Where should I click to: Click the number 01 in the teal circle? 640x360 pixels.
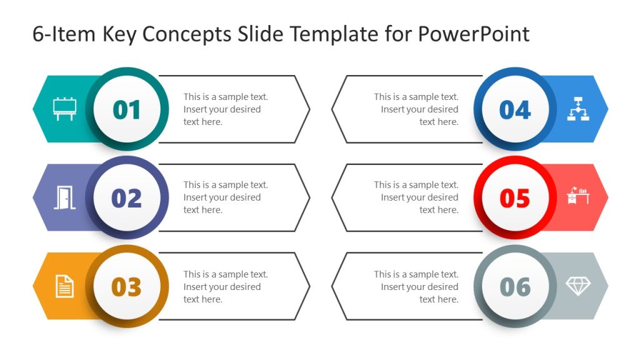coord(127,110)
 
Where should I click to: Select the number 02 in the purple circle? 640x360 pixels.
coord(127,199)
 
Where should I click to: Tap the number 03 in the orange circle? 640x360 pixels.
coord(127,287)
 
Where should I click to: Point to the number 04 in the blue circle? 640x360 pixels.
coord(515,110)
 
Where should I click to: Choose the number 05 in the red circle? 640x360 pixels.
coord(515,199)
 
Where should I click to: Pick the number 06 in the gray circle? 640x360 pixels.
coord(515,287)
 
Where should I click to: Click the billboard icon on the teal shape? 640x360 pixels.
coord(64,109)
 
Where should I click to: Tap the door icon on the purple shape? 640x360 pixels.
coord(64,197)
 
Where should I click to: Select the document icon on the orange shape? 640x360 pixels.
coord(64,286)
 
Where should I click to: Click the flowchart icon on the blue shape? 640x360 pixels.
coord(578,109)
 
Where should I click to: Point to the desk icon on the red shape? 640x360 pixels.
coord(578,196)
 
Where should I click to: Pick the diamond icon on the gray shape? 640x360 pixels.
coord(578,286)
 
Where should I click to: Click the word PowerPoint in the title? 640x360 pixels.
coord(473,34)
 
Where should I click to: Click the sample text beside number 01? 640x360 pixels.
coord(225,109)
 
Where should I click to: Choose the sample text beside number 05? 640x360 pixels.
coord(416,197)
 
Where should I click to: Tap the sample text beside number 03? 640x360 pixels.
coord(225,287)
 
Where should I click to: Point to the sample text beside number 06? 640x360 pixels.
coord(416,287)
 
